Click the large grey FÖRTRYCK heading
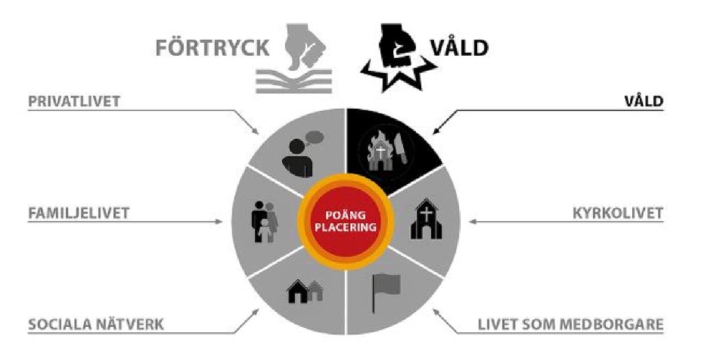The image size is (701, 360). (212, 48)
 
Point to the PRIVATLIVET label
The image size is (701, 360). (74, 101)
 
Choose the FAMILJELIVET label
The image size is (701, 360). (79, 213)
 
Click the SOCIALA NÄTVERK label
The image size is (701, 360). (96, 324)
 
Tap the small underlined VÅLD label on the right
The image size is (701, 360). (643, 101)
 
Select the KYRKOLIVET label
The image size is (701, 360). (618, 214)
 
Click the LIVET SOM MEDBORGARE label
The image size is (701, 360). (570, 324)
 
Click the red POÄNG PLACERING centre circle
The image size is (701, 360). (345, 222)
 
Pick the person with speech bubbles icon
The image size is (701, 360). (302, 153)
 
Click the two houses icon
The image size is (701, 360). (305, 292)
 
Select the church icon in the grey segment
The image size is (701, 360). (426, 219)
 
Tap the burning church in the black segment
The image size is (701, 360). (380, 152)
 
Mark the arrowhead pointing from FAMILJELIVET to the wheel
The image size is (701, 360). (219, 221)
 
